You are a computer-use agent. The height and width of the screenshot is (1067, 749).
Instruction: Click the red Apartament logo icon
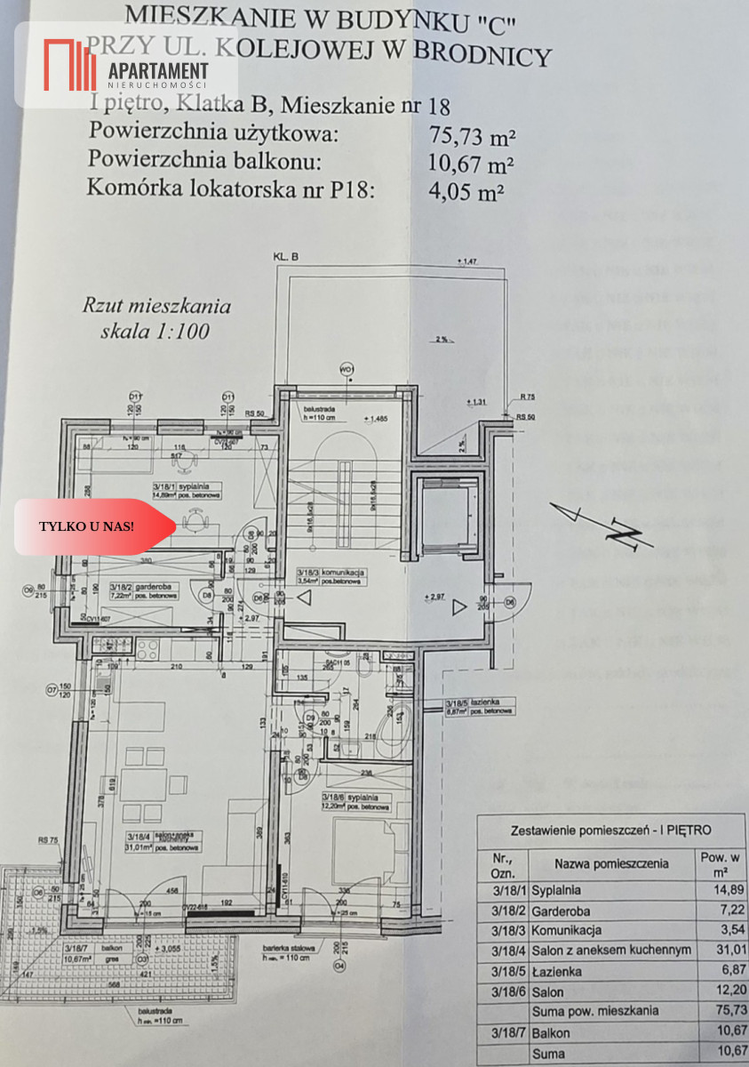70,65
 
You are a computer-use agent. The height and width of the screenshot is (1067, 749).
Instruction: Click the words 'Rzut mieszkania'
157,307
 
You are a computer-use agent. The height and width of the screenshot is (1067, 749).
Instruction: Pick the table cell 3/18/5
505,970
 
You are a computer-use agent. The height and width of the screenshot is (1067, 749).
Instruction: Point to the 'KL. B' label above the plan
285,257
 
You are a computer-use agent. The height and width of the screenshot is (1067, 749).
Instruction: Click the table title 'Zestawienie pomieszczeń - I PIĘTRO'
610,830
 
